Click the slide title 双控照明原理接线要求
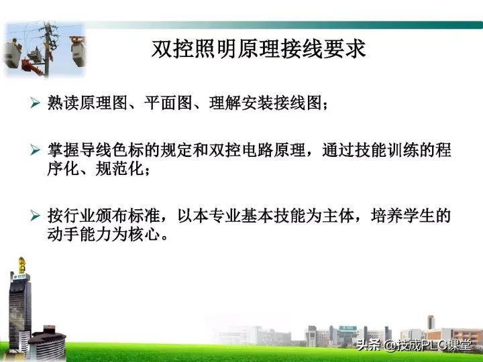[259, 49]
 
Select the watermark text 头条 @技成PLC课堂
[413, 346]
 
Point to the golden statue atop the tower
[22, 261]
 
